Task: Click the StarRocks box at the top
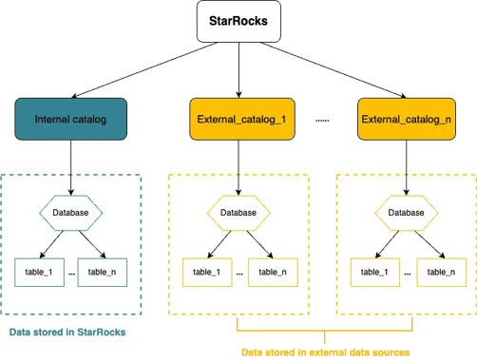pyautogui.click(x=238, y=21)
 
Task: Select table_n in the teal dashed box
pyautogui.click(x=103, y=272)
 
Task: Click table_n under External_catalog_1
pyautogui.click(x=271, y=272)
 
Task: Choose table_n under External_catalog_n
pyautogui.click(x=439, y=272)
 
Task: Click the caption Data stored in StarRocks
pyautogui.click(x=67, y=332)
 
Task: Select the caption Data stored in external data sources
pyautogui.click(x=323, y=351)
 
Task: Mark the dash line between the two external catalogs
pyautogui.click(x=322, y=121)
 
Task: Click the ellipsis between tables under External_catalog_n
pyautogui.click(x=406, y=273)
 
